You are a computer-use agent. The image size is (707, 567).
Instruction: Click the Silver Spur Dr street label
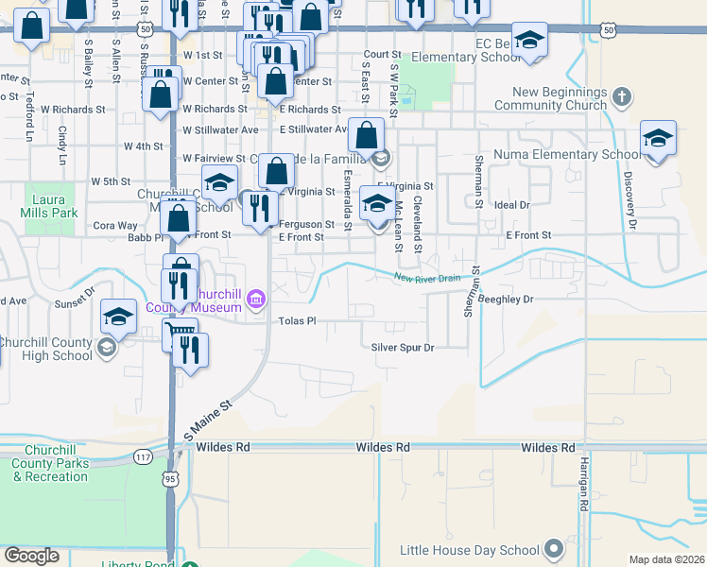tap(402, 348)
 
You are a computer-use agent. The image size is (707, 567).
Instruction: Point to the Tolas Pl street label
tap(296, 321)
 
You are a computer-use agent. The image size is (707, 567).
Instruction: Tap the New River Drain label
tap(426, 278)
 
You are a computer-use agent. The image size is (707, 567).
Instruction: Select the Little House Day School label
tap(470, 550)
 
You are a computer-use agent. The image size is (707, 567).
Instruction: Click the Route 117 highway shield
tap(143, 456)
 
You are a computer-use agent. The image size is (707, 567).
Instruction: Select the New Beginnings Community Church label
tap(561, 98)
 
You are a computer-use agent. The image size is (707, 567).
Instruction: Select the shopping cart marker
tap(181, 332)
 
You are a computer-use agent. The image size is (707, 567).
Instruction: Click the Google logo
tap(31, 556)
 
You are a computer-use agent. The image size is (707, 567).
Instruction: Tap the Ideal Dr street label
tap(512, 204)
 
